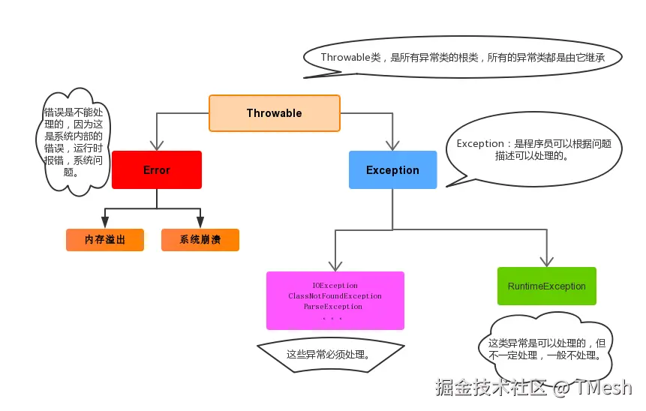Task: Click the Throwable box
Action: pyautogui.click(x=274, y=113)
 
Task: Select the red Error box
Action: pyautogui.click(x=157, y=170)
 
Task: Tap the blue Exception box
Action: pyautogui.click(x=392, y=170)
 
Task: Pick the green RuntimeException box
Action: pyautogui.click(x=546, y=286)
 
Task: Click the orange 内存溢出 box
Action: pyautogui.click(x=105, y=240)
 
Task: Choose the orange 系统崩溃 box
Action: pyautogui.click(x=200, y=240)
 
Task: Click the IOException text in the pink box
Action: pyautogui.click(x=335, y=286)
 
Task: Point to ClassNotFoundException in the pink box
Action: pyautogui.click(x=335, y=296)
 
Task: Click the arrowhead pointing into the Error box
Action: pyautogui.click(x=157, y=145)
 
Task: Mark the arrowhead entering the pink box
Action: pyautogui.click(x=335, y=265)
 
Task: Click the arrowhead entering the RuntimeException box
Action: pyautogui.click(x=546, y=262)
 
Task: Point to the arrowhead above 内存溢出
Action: pyautogui.click(x=105, y=223)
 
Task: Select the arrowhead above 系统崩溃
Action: pyautogui.click(x=200, y=223)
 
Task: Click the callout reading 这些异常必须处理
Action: pyautogui.click(x=330, y=354)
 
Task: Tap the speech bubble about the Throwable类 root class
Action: pyautogui.click(x=462, y=57)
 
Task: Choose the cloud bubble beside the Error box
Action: pyautogui.click(x=73, y=140)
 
